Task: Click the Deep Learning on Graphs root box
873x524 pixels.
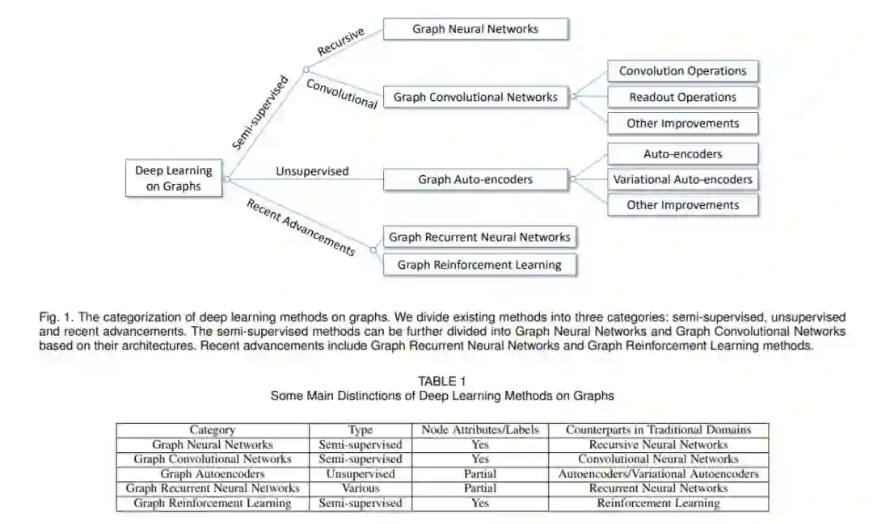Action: tap(173, 178)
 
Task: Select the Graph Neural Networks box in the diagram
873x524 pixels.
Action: tap(475, 29)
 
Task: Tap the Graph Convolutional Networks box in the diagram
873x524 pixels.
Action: tap(475, 97)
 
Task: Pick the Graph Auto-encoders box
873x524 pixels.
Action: tap(475, 179)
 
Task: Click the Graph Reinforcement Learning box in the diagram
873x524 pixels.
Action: tap(479, 264)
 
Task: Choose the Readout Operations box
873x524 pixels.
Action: tap(683, 97)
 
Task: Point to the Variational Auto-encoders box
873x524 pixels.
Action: tap(683, 179)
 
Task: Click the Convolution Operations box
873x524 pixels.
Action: tap(683, 71)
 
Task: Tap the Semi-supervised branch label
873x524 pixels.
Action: tap(259, 112)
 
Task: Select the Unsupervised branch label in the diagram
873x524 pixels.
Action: tap(312, 171)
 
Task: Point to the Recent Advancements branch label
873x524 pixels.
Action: tap(301, 225)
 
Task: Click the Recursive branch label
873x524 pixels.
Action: tap(340, 42)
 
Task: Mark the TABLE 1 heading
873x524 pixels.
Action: tap(442, 381)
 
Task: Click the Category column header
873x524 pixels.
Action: tap(213, 430)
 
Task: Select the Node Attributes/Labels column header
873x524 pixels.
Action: tap(480, 430)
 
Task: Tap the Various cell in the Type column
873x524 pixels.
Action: tap(360, 488)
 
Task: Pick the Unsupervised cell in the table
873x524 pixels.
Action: tap(360, 474)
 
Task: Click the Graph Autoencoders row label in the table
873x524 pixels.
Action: tap(213, 474)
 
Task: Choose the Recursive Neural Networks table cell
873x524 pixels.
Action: tap(658, 445)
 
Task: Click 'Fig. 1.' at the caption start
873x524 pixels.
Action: tap(53, 318)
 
